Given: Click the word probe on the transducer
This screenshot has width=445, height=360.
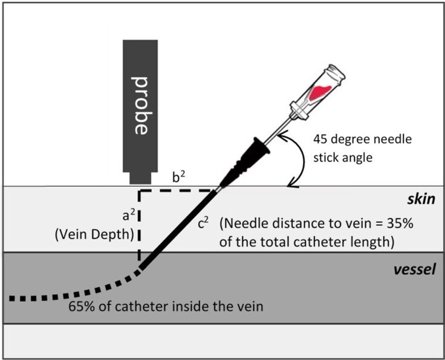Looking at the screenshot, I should pos(140,106).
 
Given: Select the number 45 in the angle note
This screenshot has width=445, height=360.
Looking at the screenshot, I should pos(320,139).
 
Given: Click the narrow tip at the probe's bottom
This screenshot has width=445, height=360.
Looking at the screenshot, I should pos(141,179).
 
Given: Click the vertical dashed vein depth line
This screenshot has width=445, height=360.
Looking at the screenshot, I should pos(140,230).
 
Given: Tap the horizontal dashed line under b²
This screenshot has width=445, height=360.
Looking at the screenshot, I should pos(178,191).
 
